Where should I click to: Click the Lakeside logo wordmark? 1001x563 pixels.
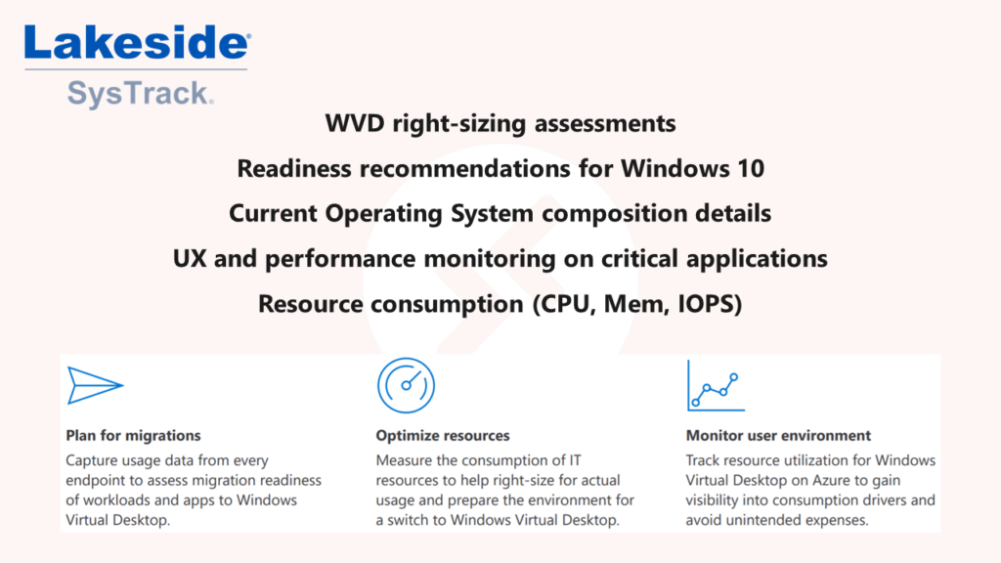(137, 43)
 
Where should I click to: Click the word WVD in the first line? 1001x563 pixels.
(355, 123)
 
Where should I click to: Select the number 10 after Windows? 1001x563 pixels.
(750, 168)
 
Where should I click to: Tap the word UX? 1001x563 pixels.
(190, 258)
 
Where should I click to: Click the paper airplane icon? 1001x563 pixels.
(95, 385)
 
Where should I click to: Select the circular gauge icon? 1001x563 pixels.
(406, 385)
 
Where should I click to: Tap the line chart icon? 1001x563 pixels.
(716, 385)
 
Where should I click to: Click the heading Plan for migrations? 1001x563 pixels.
(133, 435)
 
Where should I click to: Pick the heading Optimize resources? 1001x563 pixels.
(443, 435)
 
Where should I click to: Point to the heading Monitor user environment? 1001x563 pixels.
(778, 435)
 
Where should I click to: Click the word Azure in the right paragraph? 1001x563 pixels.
(830, 480)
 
